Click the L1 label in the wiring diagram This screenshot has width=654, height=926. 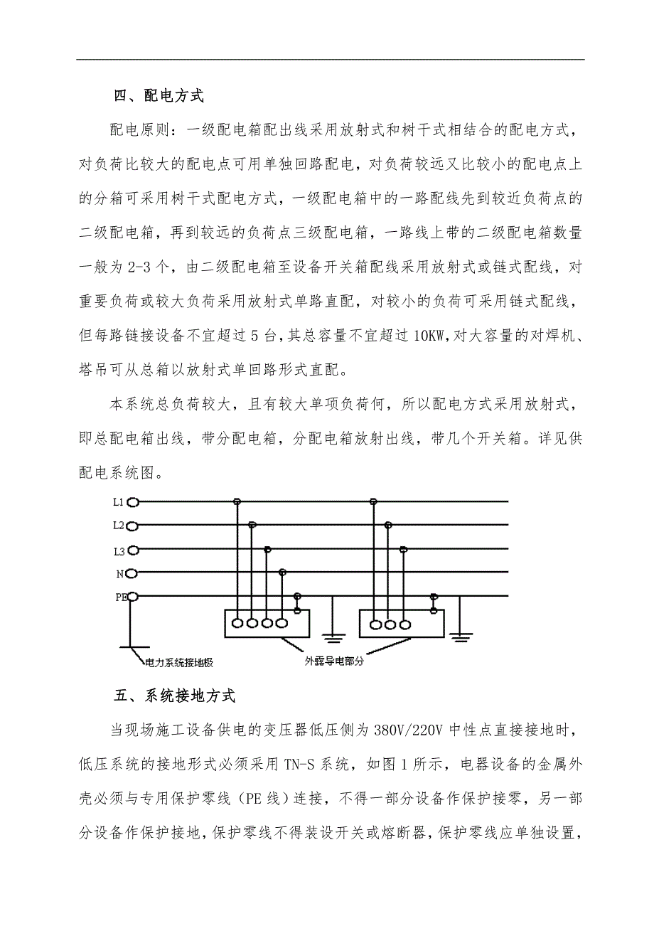tap(118, 502)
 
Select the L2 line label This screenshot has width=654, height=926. tap(118, 526)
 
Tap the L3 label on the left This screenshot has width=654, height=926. tap(118, 550)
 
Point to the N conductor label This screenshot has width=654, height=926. tap(120, 573)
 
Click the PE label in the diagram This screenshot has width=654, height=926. tap(120, 597)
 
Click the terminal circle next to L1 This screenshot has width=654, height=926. tap(132, 502)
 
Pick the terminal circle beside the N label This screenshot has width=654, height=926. tap(132, 573)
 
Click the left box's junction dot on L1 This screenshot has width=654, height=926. tap(237, 502)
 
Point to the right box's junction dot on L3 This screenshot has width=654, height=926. tap(403, 549)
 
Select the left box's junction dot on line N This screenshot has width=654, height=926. tap(282, 573)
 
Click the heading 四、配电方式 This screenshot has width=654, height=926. tap(159, 95)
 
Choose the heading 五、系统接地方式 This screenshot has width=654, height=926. tap(174, 696)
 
